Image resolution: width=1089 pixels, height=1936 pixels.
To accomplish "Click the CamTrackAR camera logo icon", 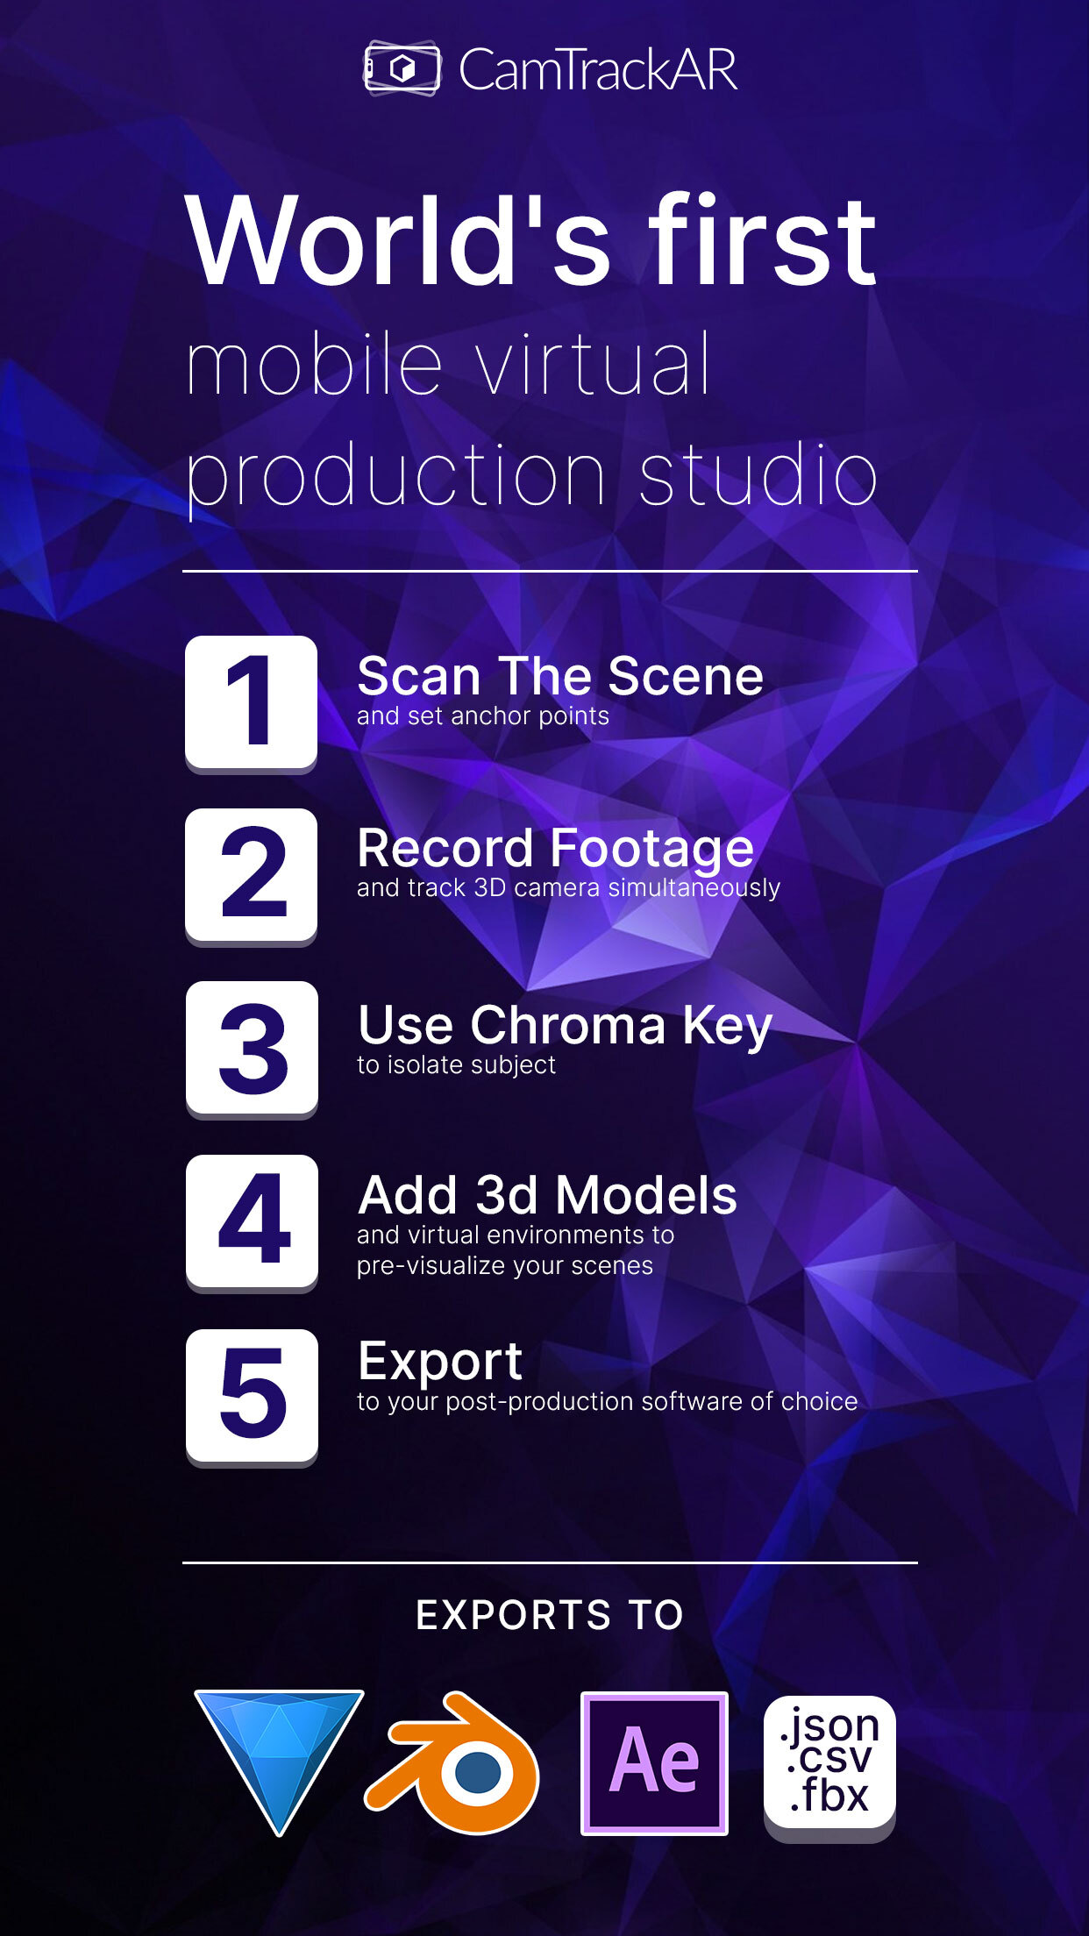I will (402, 68).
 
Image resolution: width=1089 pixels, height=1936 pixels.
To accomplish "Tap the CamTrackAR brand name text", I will (598, 70).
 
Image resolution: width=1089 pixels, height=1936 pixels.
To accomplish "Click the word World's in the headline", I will (398, 240).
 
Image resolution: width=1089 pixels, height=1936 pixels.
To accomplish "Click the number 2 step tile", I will (251, 874).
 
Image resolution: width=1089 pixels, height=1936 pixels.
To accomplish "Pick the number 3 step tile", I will (252, 1048).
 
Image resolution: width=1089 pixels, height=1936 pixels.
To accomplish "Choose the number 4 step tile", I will (252, 1221).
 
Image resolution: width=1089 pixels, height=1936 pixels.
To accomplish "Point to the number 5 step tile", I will (252, 1394).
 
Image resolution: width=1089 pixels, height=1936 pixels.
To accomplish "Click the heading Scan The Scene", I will (560, 676).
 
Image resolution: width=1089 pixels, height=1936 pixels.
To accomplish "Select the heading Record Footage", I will (555, 848).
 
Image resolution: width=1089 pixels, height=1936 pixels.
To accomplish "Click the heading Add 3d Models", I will (547, 1195).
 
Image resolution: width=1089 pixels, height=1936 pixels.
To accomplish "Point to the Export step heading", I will (440, 1362).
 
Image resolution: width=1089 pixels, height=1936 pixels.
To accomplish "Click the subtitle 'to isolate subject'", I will (456, 1065).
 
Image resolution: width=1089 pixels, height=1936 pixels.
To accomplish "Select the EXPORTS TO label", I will (550, 1615).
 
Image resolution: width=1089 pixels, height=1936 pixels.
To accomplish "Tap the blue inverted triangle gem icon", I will (279, 1749).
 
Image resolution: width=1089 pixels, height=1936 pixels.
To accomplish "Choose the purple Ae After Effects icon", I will (654, 1762).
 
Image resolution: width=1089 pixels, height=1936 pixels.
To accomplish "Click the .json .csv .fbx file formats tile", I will (829, 1762).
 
